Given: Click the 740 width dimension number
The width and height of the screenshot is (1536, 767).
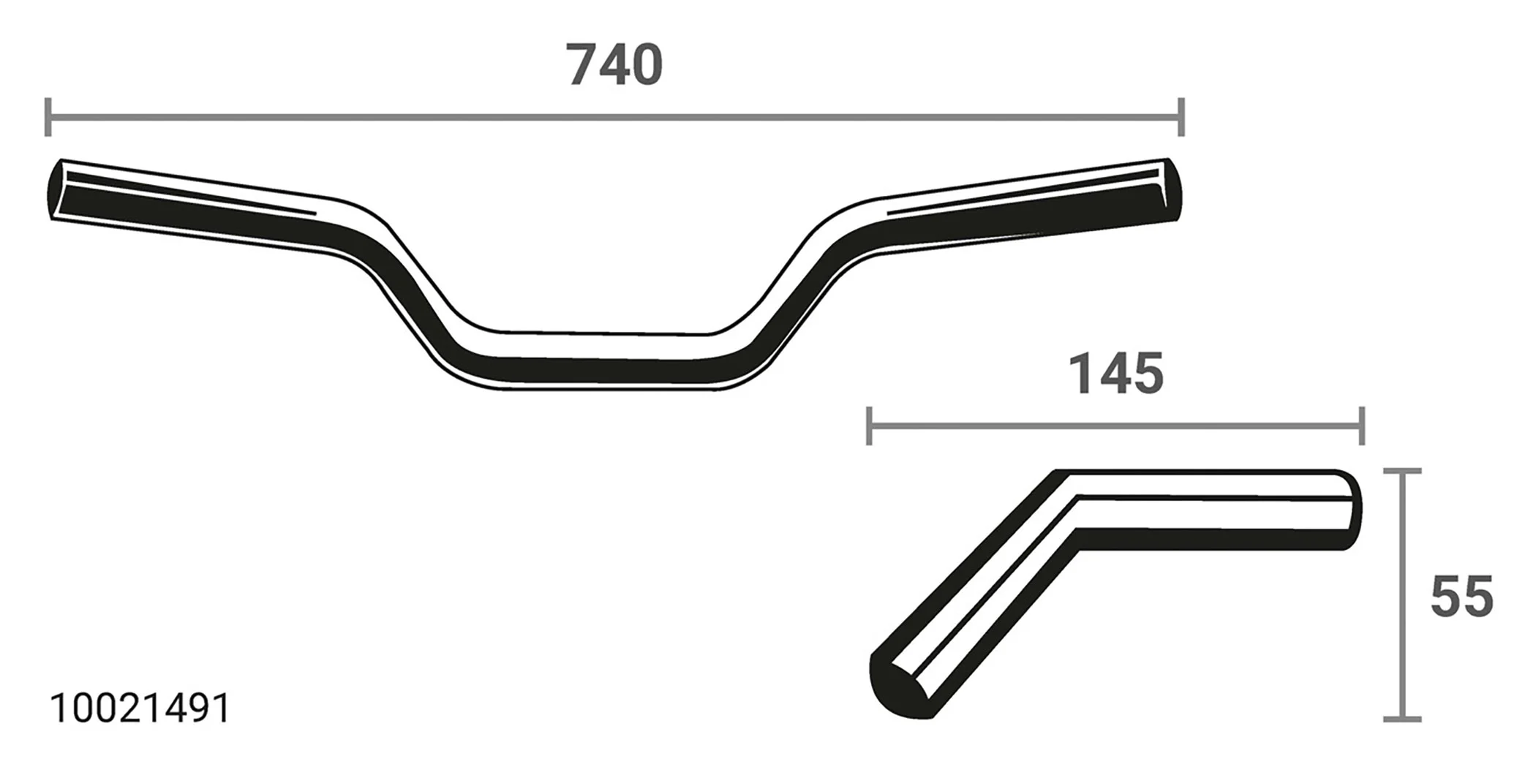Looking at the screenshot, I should click(x=614, y=65).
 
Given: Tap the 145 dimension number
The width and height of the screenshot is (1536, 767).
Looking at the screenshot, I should click(x=1115, y=374).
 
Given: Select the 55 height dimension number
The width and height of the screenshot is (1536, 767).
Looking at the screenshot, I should click(x=1461, y=597).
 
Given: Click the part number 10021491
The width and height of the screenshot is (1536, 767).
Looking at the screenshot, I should click(x=140, y=709).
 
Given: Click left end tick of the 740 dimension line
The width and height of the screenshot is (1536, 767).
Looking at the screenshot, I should click(x=48, y=116).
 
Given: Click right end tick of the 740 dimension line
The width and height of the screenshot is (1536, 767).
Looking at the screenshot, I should click(x=1181, y=116).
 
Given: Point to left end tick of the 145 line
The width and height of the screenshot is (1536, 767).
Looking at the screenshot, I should click(x=868, y=426).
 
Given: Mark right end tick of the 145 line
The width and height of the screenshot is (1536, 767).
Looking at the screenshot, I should click(x=1361, y=426).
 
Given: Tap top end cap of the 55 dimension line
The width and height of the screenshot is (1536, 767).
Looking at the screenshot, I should click(x=1402, y=472).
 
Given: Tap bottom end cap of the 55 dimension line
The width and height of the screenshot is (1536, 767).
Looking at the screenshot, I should click(x=1402, y=719).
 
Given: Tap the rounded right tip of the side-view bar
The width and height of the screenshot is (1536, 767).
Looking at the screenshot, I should click(x=1352, y=510).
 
